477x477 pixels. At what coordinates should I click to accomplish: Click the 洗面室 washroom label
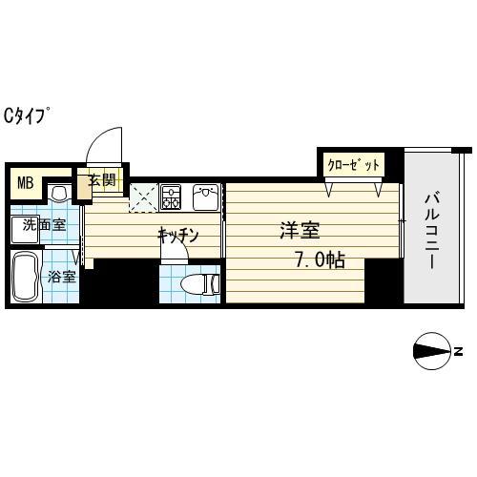44,225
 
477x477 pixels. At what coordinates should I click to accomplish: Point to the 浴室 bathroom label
61,280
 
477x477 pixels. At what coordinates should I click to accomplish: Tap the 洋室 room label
300,231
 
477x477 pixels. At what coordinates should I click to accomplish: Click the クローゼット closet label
353,165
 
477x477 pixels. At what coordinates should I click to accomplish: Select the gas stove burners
172,197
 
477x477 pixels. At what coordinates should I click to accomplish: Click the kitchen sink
205,197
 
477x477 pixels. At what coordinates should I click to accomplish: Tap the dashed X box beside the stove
143,197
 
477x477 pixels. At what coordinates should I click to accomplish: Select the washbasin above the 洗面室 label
59,196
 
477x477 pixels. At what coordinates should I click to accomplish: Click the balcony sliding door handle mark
403,222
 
